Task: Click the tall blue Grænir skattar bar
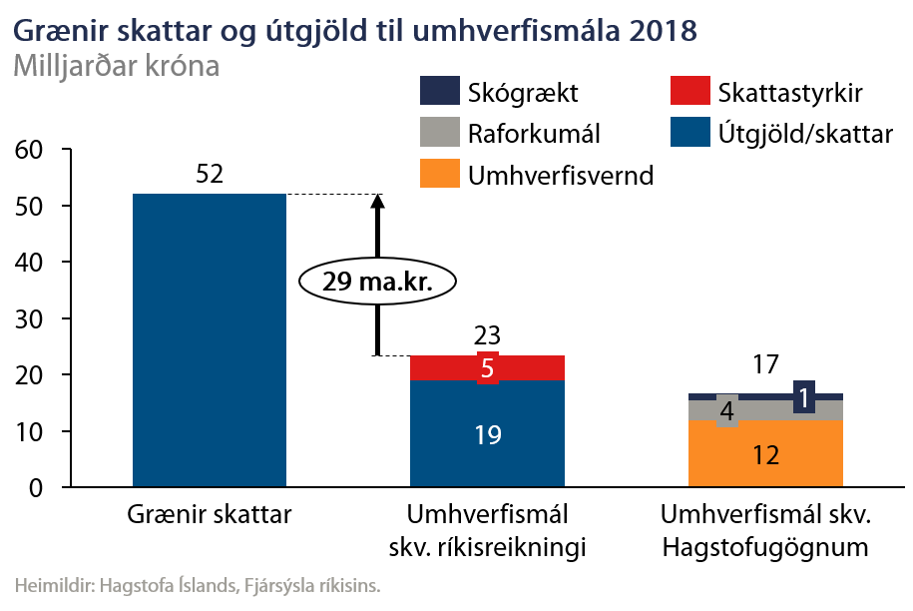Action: pos(209,339)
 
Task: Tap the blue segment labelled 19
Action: pos(488,434)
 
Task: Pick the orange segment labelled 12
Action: pos(765,454)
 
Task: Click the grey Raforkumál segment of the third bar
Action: pos(765,409)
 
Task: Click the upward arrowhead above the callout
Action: pos(377,201)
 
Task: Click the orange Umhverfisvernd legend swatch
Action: pos(438,176)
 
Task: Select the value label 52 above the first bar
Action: pos(209,175)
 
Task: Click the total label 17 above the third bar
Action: pos(765,365)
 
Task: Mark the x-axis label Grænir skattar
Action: pos(210,515)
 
